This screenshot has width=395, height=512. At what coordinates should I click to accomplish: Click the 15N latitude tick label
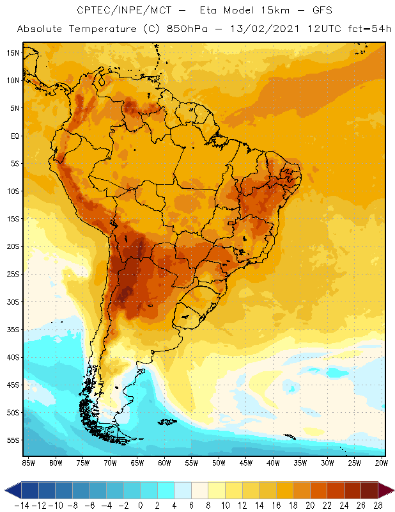point(13,52)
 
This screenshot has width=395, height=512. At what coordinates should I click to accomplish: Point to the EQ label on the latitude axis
point(14,136)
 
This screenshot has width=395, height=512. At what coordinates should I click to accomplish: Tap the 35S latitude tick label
point(13,330)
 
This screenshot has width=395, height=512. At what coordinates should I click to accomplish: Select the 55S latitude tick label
point(13,440)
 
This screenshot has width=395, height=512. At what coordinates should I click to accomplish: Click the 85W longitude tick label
point(28,463)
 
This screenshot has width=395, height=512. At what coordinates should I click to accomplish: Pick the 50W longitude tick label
point(219,463)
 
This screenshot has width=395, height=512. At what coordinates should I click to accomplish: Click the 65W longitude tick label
point(137,463)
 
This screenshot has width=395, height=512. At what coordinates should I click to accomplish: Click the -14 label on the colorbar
point(22,506)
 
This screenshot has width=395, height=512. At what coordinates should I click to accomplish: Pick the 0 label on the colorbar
point(141,506)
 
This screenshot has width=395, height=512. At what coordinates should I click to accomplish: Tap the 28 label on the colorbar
point(378,506)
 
